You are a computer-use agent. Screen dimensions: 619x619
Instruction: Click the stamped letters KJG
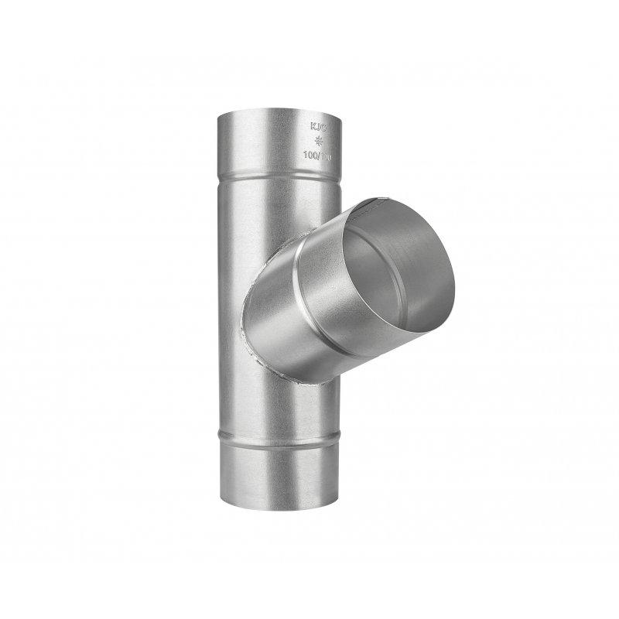coord(320,126)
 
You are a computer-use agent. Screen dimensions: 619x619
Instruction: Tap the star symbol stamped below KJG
coord(320,142)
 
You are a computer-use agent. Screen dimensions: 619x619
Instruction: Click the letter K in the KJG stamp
coord(313,126)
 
